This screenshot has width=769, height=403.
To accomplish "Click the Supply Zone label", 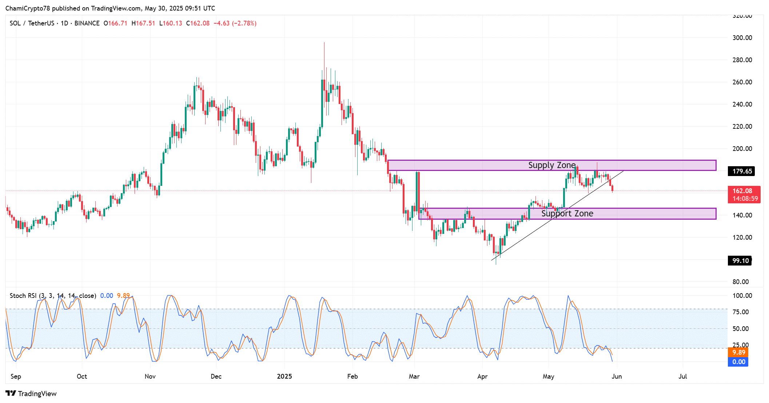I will pyautogui.click(x=552, y=165).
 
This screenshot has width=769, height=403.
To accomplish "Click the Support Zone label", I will pyautogui.click(x=567, y=214).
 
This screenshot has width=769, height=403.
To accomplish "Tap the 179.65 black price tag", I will pyautogui.click(x=742, y=171).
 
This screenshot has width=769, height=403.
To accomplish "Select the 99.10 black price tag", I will pyautogui.click(x=740, y=261).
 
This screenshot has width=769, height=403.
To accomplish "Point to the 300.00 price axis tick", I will pyautogui.click(x=742, y=38).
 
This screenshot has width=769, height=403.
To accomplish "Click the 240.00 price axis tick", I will pyautogui.click(x=742, y=104).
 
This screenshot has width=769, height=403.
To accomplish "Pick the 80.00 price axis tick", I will pyautogui.click(x=741, y=282).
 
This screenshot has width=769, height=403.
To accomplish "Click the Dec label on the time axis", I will pyautogui.click(x=216, y=376).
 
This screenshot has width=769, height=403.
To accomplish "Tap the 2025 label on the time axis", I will pyautogui.click(x=284, y=376).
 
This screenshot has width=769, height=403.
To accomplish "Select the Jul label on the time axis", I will pyautogui.click(x=682, y=376).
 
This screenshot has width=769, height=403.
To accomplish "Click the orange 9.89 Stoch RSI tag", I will pyautogui.click(x=738, y=352).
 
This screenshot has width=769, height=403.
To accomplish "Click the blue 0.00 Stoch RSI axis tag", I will pyautogui.click(x=738, y=362).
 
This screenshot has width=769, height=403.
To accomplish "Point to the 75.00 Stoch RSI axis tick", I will pyautogui.click(x=740, y=312).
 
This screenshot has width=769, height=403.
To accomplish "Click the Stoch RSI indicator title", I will pyautogui.click(x=53, y=296).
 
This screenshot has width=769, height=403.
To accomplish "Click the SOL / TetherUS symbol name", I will pyautogui.click(x=32, y=23).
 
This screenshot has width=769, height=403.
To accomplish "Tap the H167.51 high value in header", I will pyautogui.click(x=143, y=23).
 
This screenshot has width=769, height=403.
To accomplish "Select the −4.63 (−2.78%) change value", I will pyautogui.click(x=235, y=23).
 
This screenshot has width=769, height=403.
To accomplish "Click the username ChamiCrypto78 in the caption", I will pyautogui.click(x=27, y=8).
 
